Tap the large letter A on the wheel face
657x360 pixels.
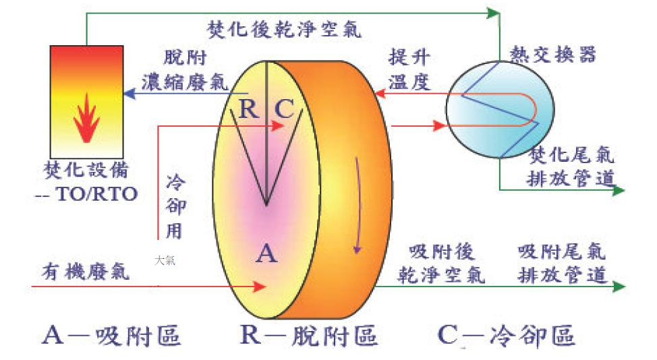pos(267,253)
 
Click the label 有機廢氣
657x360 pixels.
pos(80,273)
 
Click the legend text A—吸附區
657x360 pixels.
pos(111,335)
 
